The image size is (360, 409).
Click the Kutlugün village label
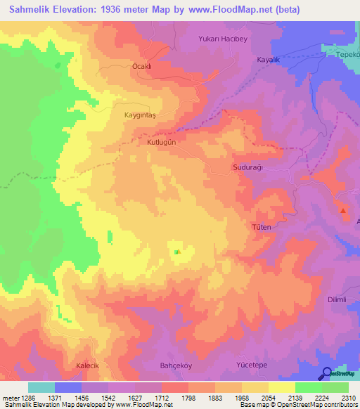(x=160, y=141)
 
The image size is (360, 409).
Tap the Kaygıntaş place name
(x=139, y=114)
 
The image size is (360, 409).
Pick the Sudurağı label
(x=247, y=168)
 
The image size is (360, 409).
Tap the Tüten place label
(x=261, y=228)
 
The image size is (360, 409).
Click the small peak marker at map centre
(x=177, y=252)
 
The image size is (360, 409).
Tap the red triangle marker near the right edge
(x=343, y=210)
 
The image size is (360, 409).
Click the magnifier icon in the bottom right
(x=327, y=374)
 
